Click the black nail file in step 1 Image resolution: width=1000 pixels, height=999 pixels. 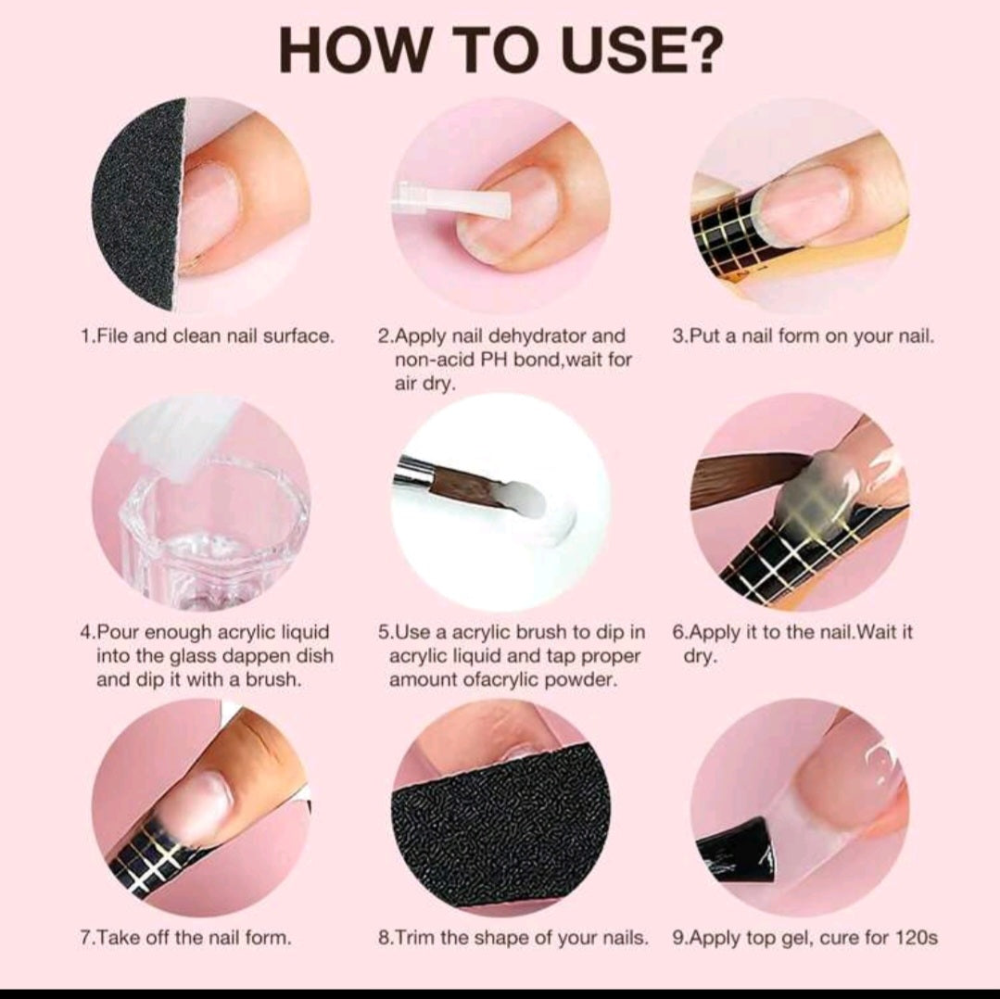(137, 204)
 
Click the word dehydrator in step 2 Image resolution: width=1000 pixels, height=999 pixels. (538, 336)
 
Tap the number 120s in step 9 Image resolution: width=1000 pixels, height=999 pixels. (916, 938)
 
